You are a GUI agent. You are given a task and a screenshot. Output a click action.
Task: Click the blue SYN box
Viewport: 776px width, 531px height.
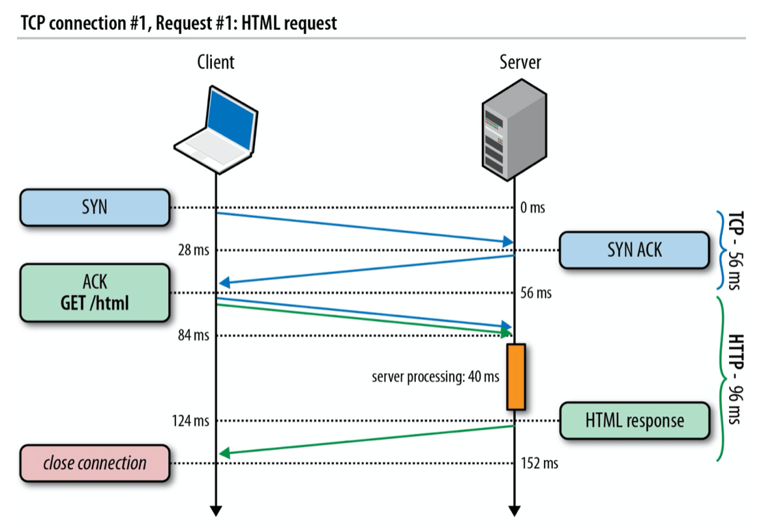click(x=95, y=208)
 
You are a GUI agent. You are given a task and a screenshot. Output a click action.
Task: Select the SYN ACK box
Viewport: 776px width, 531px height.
click(x=634, y=250)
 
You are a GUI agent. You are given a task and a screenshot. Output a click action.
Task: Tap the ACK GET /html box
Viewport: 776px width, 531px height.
click(x=95, y=292)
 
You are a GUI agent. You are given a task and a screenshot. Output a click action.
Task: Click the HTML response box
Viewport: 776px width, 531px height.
click(x=634, y=421)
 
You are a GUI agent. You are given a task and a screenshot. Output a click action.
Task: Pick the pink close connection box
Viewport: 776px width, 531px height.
click(x=95, y=463)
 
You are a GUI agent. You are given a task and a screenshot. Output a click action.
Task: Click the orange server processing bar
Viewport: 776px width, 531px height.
click(x=516, y=376)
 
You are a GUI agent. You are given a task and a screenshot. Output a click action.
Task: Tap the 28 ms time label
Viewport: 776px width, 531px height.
click(x=193, y=250)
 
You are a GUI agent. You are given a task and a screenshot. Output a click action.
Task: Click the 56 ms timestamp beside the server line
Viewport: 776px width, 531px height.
click(x=536, y=293)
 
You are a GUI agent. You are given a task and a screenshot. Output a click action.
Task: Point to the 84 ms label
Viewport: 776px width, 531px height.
click(x=193, y=335)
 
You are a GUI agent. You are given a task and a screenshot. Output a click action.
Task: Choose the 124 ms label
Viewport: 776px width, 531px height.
click(x=190, y=421)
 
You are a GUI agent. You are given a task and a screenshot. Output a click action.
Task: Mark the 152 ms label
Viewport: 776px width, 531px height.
click(x=540, y=464)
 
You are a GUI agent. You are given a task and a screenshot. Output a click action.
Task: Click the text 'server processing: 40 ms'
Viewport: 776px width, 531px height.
click(x=436, y=377)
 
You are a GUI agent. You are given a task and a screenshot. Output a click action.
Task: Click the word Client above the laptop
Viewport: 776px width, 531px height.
click(x=216, y=63)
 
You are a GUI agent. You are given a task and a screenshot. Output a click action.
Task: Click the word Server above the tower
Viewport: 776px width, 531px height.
click(x=520, y=63)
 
